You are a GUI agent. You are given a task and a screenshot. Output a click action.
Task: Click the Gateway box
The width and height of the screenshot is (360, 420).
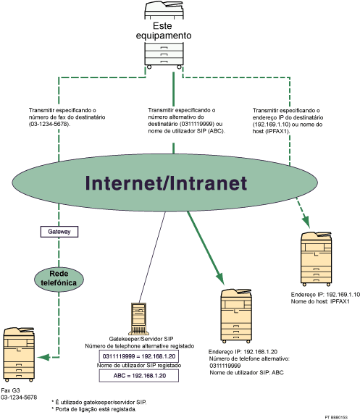pos(58,232)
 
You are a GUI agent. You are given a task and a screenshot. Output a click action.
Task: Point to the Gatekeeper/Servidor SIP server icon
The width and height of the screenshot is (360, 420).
pos(138,318)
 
